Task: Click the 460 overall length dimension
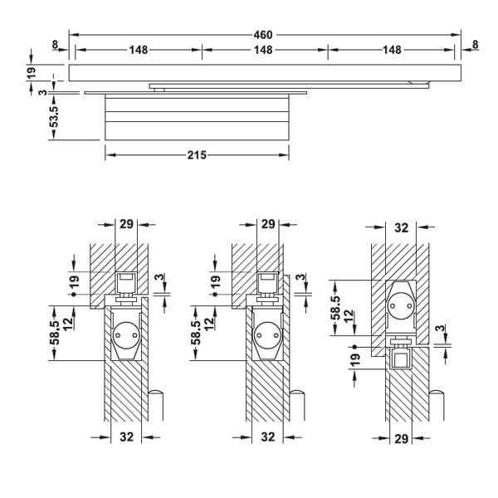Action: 263,35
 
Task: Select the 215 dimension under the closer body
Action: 197,154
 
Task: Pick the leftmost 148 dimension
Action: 139,50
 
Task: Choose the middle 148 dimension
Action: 263,50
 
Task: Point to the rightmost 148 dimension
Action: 391,50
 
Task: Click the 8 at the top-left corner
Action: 53,44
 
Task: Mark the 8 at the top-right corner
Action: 475,44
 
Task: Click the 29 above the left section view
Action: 126,224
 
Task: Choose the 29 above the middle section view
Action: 267,224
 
